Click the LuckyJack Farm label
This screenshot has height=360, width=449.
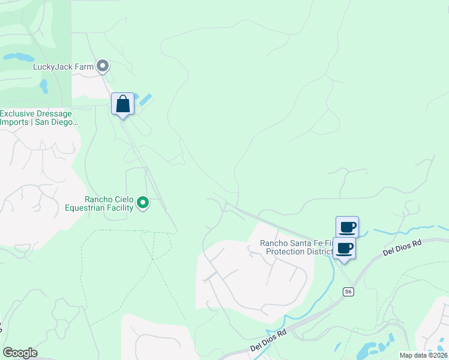tap(63, 67)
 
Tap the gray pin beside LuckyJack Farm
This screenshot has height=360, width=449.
tap(103, 66)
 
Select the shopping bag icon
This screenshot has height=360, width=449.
tap(122, 104)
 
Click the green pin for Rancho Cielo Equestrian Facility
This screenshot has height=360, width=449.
tap(143, 203)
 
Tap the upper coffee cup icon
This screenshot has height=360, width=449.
tap(347, 227)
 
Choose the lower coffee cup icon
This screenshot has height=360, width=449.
tap(344, 248)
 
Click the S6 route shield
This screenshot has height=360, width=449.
tap(348, 292)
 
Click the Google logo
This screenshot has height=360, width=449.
tap(20, 353)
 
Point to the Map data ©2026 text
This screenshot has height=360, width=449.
tap(423, 355)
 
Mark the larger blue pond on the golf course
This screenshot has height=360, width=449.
tap(19, 58)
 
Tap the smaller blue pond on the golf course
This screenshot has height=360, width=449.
tap(44, 86)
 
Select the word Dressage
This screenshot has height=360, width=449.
tap(55, 113)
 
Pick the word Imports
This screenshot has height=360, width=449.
tap(14, 122)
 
